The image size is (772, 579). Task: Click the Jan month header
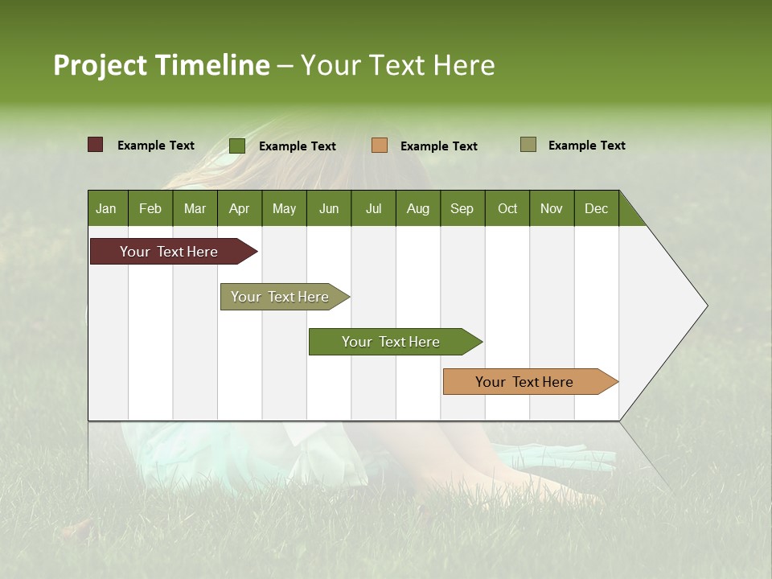[x=106, y=208]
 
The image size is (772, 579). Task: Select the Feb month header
[x=150, y=208]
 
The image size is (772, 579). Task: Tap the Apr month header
[x=239, y=208]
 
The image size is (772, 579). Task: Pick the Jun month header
[x=328, y=208]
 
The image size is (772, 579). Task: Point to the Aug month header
[x=417, y=208]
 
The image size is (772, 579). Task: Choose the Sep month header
[x=462, y=208]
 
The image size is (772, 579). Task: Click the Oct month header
[x=507, y=208]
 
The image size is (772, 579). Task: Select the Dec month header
[x=596, y=208]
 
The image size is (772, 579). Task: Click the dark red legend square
[x=96, y=145]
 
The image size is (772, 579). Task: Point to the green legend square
[x=237, y=146]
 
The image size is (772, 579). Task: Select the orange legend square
[x=380, y=146]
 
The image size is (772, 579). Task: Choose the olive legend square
[x=528, y=145]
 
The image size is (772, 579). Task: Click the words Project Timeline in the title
[x=162, y=65]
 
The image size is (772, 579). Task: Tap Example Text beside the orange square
[x=438, y=146]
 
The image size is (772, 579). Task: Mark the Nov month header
[x=551, y=208]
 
